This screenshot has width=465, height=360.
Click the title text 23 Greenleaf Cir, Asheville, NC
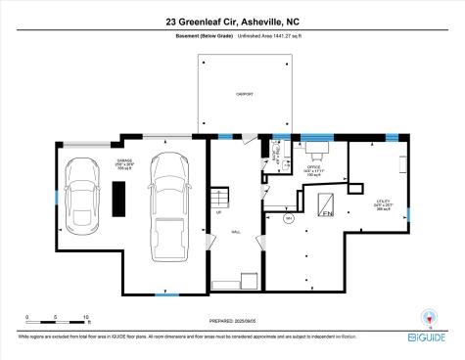232,21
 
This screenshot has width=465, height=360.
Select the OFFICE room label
315,168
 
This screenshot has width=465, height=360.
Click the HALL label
236,233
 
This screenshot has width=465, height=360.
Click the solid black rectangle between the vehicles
118,200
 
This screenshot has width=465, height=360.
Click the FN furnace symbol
327,210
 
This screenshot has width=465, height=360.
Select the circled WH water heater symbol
288,219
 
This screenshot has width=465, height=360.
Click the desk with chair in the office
316,150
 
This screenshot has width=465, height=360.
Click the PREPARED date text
233,318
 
